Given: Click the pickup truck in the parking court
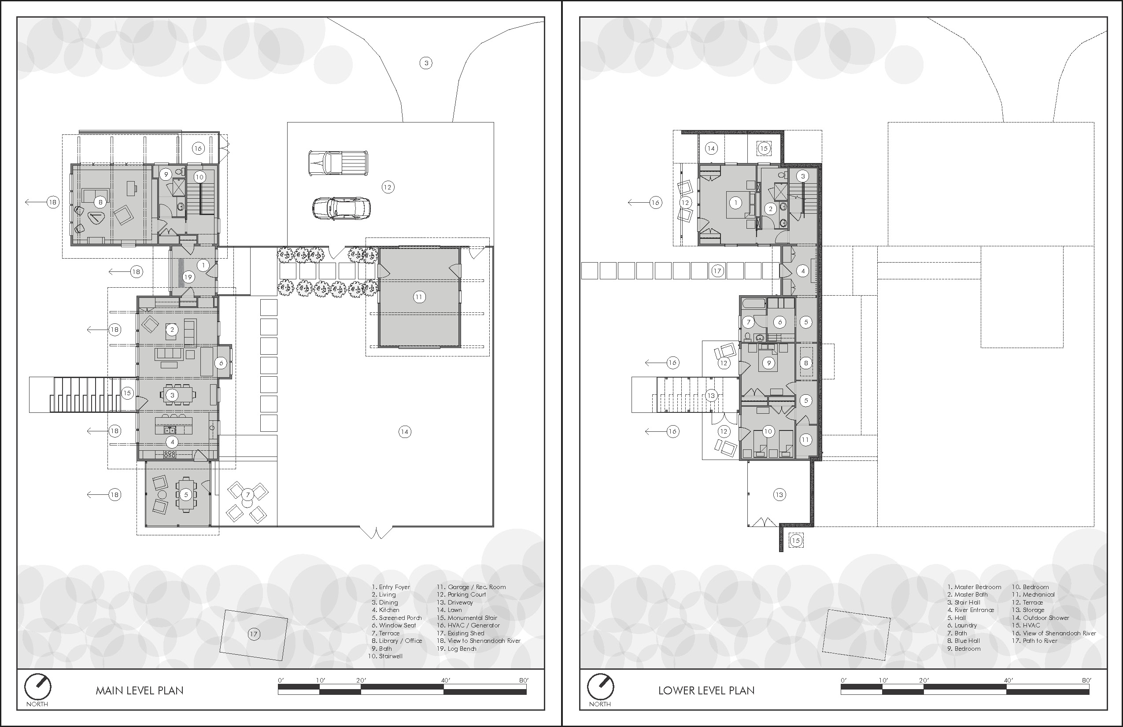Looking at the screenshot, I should [338, 163].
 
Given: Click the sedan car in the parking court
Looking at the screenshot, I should [341, 208].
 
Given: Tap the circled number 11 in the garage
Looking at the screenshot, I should [418, 297].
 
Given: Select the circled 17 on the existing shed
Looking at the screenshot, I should [253, 634].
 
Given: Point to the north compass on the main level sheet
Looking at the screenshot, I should [38, 687].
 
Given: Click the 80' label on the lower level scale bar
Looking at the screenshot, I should [1086, 680].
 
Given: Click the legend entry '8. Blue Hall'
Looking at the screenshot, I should [963, 641].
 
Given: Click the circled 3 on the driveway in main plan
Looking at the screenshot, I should [425, 63].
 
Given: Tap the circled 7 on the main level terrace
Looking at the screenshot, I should [248, 495].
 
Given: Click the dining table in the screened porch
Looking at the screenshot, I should [186, 495].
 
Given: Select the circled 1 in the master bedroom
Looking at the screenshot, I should [735, 203].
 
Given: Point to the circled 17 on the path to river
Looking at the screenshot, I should [717, 271].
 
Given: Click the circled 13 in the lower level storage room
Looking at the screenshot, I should [779, 495].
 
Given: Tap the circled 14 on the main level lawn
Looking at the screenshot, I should [404, 431].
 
